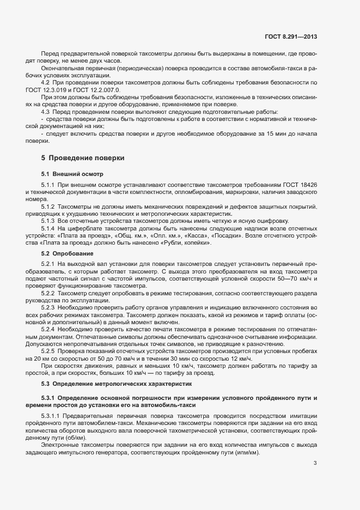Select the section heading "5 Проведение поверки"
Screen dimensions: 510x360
click(83, 158)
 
